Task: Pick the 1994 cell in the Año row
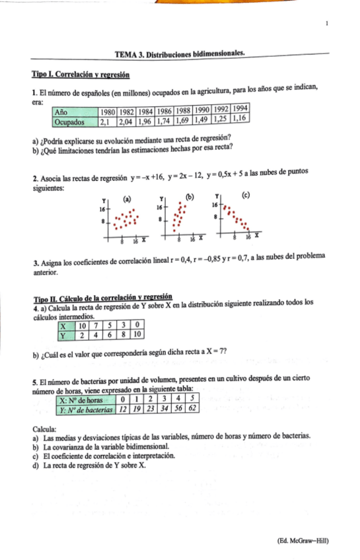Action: click(240, 108)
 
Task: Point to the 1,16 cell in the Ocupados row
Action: click(240, 118)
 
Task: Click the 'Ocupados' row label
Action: click(70, 122)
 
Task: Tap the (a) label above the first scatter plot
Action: click(126, 198)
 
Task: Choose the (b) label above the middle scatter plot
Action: click(191, 196)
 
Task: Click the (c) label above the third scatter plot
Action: click(246, 195)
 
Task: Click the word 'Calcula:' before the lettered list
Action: click(45, 428)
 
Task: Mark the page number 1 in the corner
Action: click(327, 24)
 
